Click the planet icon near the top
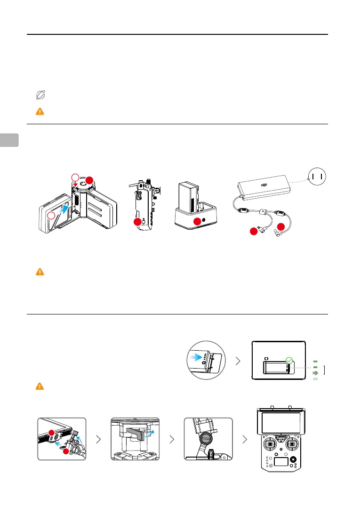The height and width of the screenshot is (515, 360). [40, 96]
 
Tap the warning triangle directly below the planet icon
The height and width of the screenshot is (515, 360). [40, 112]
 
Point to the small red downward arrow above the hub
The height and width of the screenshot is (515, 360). [75, 185]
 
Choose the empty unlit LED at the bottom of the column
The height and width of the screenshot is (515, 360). [316, 378]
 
